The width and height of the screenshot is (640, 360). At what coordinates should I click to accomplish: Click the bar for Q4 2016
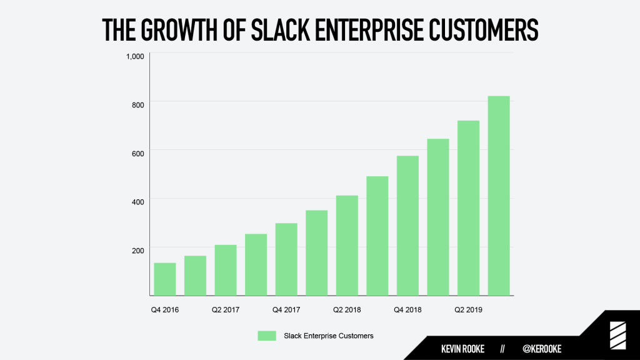(164, 279)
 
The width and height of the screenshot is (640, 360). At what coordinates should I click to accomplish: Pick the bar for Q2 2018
(347, 246)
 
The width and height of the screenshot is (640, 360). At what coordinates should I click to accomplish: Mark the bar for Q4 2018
(407, 226)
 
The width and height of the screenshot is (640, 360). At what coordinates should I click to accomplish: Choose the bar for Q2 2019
(468, 208)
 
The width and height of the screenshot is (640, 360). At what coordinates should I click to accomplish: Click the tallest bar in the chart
(499, 196)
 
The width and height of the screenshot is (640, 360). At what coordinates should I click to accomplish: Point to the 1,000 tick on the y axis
(134, 56)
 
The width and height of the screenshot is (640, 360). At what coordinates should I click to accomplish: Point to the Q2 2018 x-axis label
(347, 309)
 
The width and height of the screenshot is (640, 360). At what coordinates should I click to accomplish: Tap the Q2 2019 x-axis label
(468, 309)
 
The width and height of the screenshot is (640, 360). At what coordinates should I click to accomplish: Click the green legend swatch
(267, 336)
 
